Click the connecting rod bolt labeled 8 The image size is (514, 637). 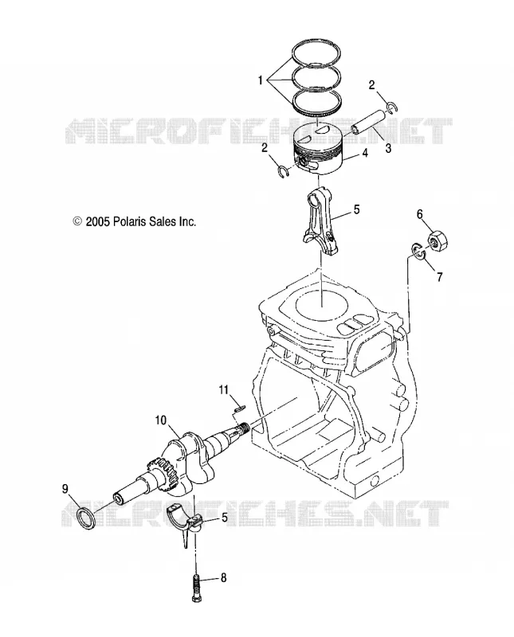click(x=196, y=587)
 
